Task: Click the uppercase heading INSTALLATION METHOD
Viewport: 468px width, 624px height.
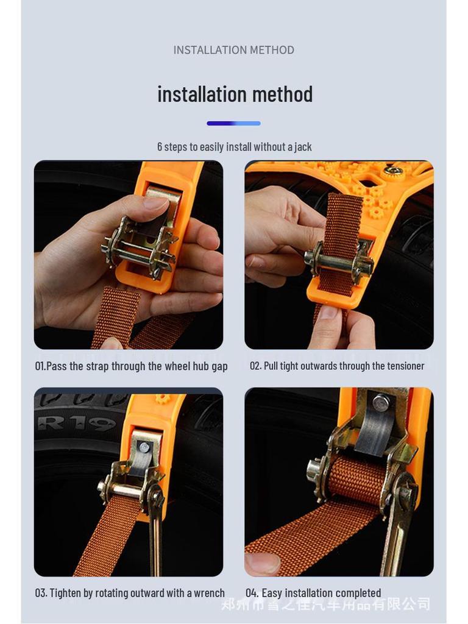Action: [233, 50]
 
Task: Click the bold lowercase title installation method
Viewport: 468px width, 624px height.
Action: [235, 94]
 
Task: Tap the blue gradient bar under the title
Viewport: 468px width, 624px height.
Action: [233, 123]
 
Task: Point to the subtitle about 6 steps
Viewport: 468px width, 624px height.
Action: [234, 147]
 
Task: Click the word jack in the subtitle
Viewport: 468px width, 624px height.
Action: [303, 147]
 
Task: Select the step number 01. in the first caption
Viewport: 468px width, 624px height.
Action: [40, 366]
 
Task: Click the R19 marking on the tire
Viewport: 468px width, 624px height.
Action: [76, 422]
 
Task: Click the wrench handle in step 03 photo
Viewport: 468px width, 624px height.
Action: [155, 536]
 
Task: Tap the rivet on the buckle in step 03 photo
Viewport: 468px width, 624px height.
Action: [144, 447]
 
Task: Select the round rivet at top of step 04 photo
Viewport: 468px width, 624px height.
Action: [381, 402]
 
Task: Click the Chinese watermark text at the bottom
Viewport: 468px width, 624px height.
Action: [325, 604]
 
